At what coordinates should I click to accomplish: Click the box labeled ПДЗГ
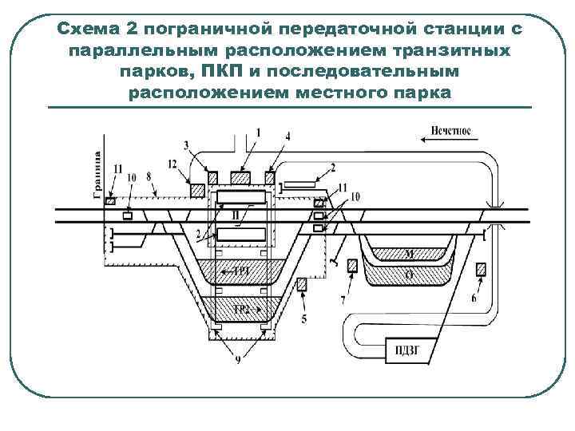coord(407,348)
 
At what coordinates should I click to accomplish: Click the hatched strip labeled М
coord(408,255)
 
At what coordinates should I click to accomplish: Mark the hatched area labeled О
coord(408,275)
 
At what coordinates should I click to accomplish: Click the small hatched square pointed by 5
coord(303,284)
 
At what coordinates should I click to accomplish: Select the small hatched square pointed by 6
coord(481,269)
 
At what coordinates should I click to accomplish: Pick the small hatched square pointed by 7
coord(352,269)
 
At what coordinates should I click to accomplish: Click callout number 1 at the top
coord(257,131)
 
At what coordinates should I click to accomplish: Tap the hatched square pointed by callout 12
coord(197,190)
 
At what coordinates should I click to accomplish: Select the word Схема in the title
coord(87,30)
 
